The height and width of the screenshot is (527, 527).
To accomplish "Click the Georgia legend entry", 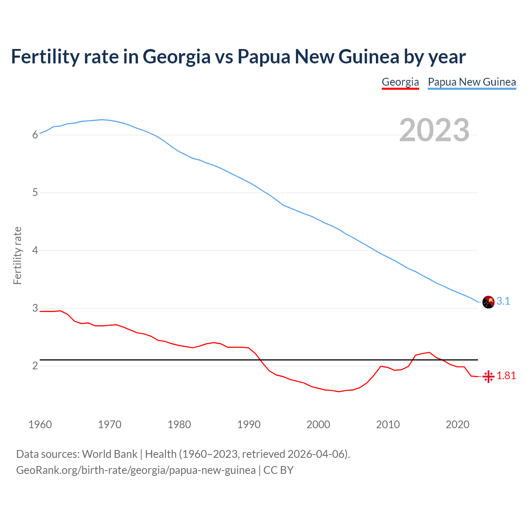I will [400, 82].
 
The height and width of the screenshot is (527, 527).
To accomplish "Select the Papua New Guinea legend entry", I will [472, 82].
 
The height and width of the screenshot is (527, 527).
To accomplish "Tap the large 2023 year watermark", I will [434, 130].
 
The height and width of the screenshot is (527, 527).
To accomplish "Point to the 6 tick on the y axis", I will [35, 135].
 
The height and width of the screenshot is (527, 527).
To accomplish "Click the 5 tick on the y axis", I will [35, 192].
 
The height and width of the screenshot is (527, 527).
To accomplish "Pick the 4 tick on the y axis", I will [35, 250].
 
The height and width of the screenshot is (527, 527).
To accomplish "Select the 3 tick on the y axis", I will [35, 308].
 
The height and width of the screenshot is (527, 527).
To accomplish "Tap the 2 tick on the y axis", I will [35, 366].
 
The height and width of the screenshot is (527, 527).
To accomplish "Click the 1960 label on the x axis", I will [40, 424].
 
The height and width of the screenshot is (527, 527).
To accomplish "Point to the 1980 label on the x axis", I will [179, 424].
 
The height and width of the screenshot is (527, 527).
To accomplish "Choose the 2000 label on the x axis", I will [318, 424].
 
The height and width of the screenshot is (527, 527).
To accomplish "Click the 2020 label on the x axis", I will [457, 424].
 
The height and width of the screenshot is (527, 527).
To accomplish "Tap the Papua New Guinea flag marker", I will [488, 302].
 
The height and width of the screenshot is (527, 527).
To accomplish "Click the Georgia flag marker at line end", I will [488, 376].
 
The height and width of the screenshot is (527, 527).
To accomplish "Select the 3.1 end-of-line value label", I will [503, 301].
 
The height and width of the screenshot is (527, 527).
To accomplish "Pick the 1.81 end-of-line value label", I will [506, 376].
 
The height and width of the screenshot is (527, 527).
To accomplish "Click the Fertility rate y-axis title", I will [17, 255].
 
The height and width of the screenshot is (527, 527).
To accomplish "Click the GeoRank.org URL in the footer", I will [136, 470].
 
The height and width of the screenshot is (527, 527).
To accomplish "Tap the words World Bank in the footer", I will [110, 454].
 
